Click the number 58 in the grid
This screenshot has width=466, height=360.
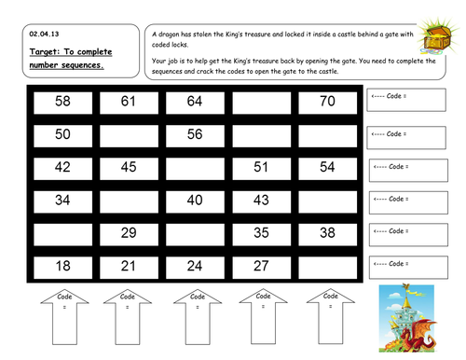62,101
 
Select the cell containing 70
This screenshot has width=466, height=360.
326,101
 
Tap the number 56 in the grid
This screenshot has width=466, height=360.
194,134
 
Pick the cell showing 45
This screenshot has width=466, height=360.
129,168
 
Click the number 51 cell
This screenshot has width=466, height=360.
260,168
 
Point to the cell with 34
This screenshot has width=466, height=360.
62,201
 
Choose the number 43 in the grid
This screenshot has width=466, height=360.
260,201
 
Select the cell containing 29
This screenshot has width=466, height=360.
129,233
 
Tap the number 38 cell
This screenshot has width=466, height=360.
326,233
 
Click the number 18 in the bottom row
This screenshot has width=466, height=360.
62,266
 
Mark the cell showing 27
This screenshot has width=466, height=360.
260,266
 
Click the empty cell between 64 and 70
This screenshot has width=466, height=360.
260,101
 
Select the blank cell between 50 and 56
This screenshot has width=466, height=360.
129,134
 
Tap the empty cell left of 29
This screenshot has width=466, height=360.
62,233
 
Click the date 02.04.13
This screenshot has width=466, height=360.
43,34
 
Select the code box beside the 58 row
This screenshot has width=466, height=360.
406,100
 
